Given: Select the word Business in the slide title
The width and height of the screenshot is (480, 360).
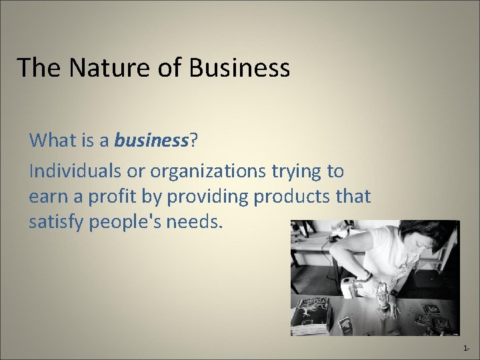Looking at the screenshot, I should [x=239, y=67].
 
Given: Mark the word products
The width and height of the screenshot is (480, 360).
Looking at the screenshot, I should [x=287, y=197].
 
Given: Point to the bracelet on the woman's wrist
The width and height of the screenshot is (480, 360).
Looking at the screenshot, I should [x=367, y=276].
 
